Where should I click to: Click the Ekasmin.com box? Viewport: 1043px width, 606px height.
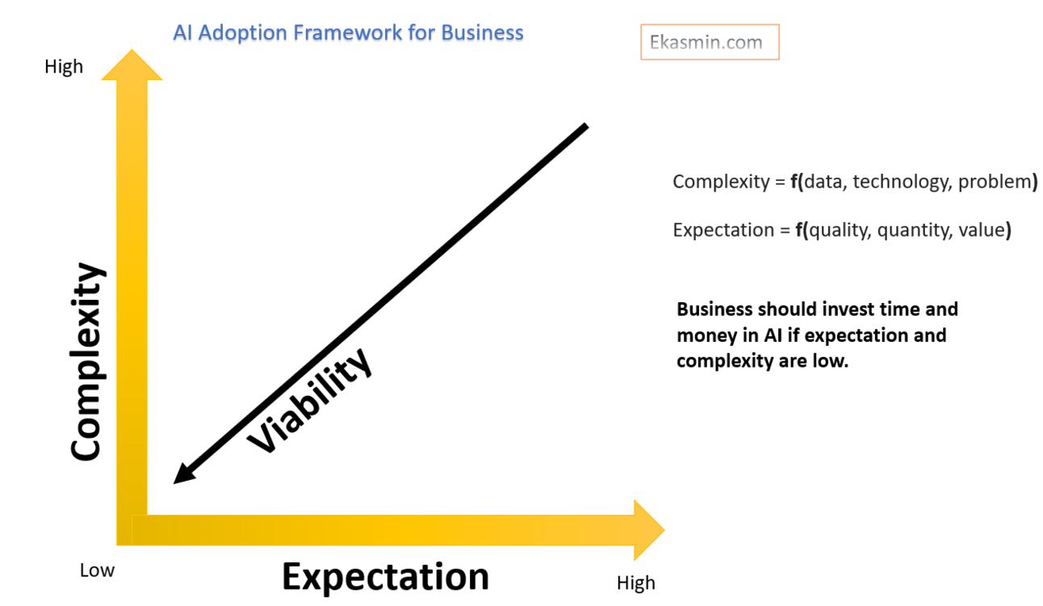[x=710, y=43]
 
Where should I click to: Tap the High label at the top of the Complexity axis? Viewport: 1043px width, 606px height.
[x=64, y=67]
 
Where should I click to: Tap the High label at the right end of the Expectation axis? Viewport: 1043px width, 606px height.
[x=636, y=583]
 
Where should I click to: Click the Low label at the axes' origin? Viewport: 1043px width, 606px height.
[x=97, y=570]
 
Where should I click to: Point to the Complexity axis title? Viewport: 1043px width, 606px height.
[x=87, y=361]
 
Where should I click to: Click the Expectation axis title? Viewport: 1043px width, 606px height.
[x=385, y=577]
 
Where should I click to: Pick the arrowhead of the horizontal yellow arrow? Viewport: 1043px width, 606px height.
[x=646, y=530]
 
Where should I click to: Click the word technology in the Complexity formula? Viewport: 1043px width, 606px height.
[x=902, y=182]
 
